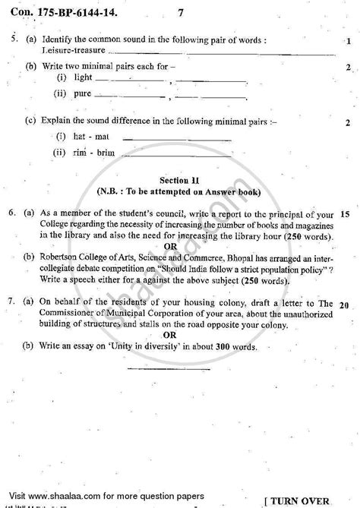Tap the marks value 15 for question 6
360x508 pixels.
click(x=346, y=215)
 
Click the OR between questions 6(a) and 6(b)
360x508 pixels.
click(x=179, y=245)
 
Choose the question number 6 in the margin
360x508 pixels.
click(x=8, y=215)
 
